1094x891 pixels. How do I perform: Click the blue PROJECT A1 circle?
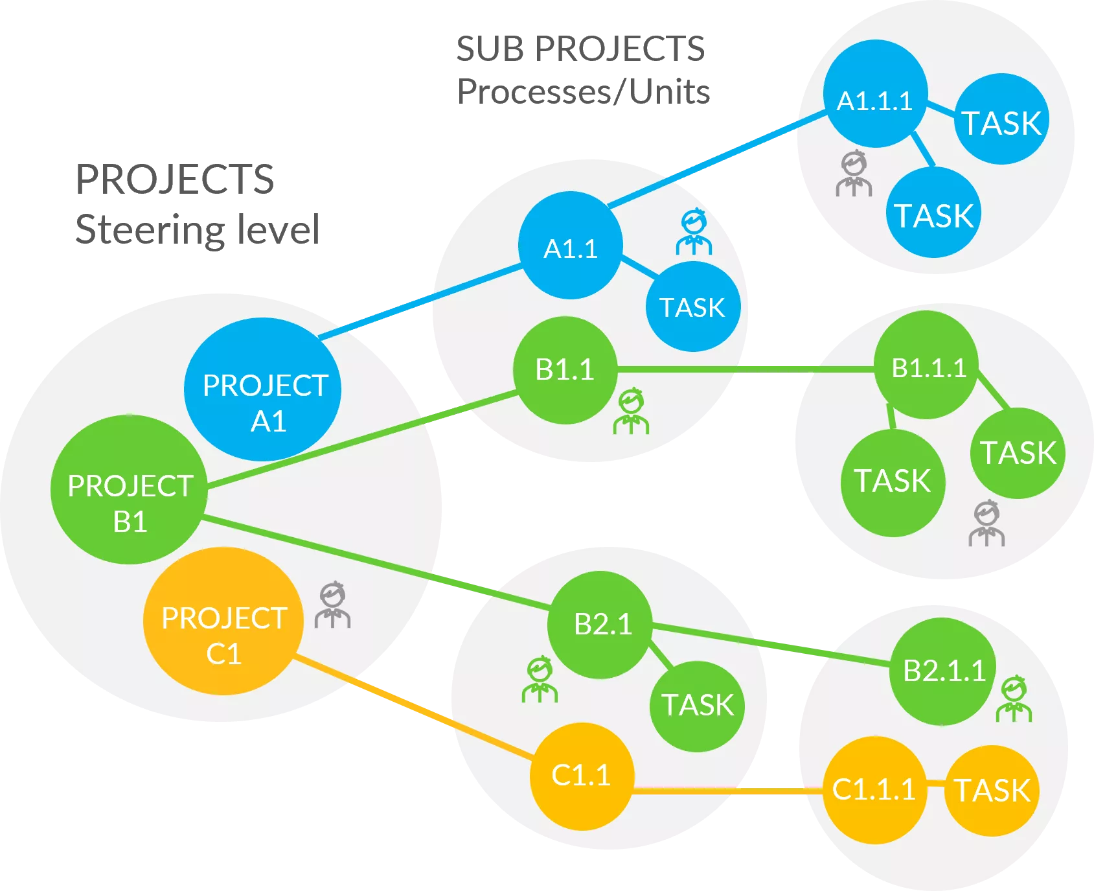[262, 389]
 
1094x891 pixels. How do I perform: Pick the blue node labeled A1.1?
[570, 246]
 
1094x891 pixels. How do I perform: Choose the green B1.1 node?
[565, 370]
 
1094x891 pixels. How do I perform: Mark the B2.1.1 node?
[942, 671]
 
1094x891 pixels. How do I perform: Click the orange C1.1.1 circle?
[874, 790]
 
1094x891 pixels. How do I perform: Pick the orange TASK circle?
[992, 791]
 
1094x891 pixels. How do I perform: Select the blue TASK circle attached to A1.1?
[692, 307]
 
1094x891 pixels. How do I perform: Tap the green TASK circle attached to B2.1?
[697, 706]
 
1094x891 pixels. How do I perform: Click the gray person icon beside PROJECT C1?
[333, 606]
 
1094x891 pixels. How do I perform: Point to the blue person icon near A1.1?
[694, 231]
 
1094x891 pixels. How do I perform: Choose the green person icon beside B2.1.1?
[1014, 699]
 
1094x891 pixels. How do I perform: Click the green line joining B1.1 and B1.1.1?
[745, 369]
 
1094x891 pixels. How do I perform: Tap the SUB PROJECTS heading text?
[580, 48]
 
